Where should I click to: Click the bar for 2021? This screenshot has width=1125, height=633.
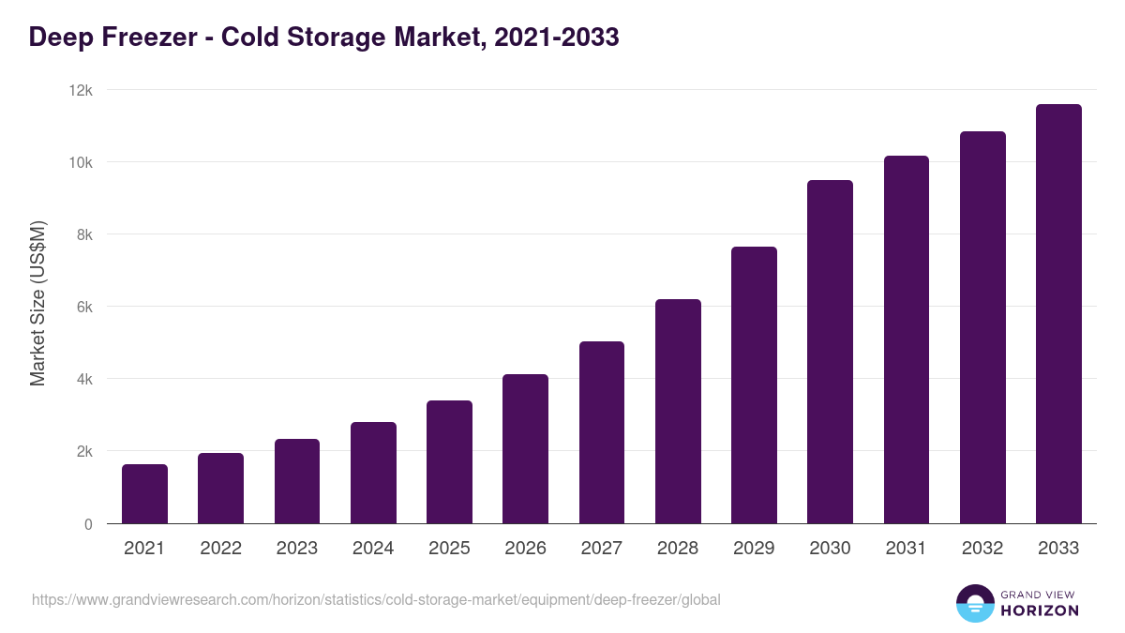click(144, 494)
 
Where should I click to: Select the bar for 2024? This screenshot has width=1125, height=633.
click(373, 473)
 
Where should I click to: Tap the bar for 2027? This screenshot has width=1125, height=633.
click(602, 432)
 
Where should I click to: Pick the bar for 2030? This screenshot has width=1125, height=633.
click(830, 352)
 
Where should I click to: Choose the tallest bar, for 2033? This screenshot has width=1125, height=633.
click(1058, 314)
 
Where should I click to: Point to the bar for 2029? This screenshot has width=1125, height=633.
click(754, 385)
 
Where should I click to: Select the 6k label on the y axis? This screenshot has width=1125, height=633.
click(84, 307)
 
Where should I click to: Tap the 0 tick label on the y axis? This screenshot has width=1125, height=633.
click(88, 524)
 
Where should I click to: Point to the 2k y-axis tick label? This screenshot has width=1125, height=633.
click(84, 451)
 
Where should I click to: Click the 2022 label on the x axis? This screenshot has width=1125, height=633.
click(220, 549)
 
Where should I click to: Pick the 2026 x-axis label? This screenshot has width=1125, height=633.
click(525, 549)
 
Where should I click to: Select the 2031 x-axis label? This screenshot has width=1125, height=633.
click(906, 549)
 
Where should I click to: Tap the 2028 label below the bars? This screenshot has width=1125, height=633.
click(678, 549)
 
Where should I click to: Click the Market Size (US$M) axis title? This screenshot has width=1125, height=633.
click(37, 303)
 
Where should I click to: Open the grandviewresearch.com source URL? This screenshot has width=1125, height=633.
click(376, 599)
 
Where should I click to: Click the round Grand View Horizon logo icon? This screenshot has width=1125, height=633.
click(974, 603)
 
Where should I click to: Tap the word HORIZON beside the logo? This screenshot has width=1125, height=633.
click(1040, 610)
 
